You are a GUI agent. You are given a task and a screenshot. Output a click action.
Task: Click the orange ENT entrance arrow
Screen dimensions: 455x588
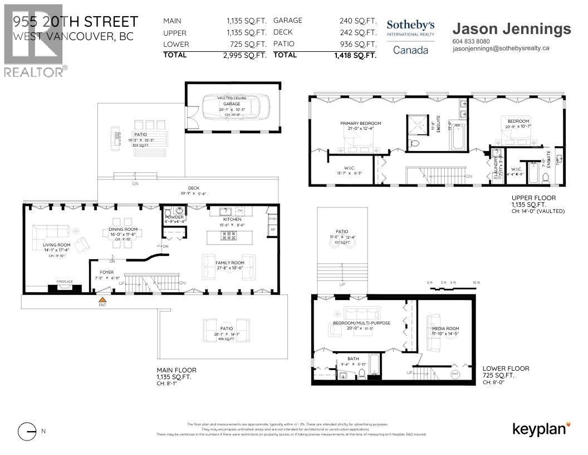click(x=102, y=300)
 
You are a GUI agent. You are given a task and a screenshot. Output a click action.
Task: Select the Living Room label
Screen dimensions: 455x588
click(x=57, y=245)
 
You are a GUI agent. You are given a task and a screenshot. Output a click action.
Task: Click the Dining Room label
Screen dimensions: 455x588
click(x=123, y=229)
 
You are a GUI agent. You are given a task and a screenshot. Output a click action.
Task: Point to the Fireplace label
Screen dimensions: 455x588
click(x=65, y=282)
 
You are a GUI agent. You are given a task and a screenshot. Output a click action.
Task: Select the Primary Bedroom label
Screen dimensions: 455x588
click(x=361, y=123)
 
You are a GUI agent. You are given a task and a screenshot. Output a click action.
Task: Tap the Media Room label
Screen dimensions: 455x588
click(x=445, y=329)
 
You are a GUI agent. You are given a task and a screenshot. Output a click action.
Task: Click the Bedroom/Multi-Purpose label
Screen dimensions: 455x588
click(x=362, y=323)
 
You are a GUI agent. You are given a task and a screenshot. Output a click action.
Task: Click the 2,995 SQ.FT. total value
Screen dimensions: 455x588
click(x=247, y=55)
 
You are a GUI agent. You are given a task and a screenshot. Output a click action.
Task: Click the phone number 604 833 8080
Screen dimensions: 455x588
click(x=471, y=41)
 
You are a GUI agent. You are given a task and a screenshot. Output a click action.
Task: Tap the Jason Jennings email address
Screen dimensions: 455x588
click(x=501, y=49)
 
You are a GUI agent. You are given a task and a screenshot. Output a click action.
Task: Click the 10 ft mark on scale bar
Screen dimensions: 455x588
click(x=476, y=283)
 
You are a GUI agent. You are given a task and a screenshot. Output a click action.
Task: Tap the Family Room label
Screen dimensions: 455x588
click(x=230, y=263)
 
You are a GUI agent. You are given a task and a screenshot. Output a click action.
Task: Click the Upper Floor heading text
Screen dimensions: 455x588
click(x=533, y=198)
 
